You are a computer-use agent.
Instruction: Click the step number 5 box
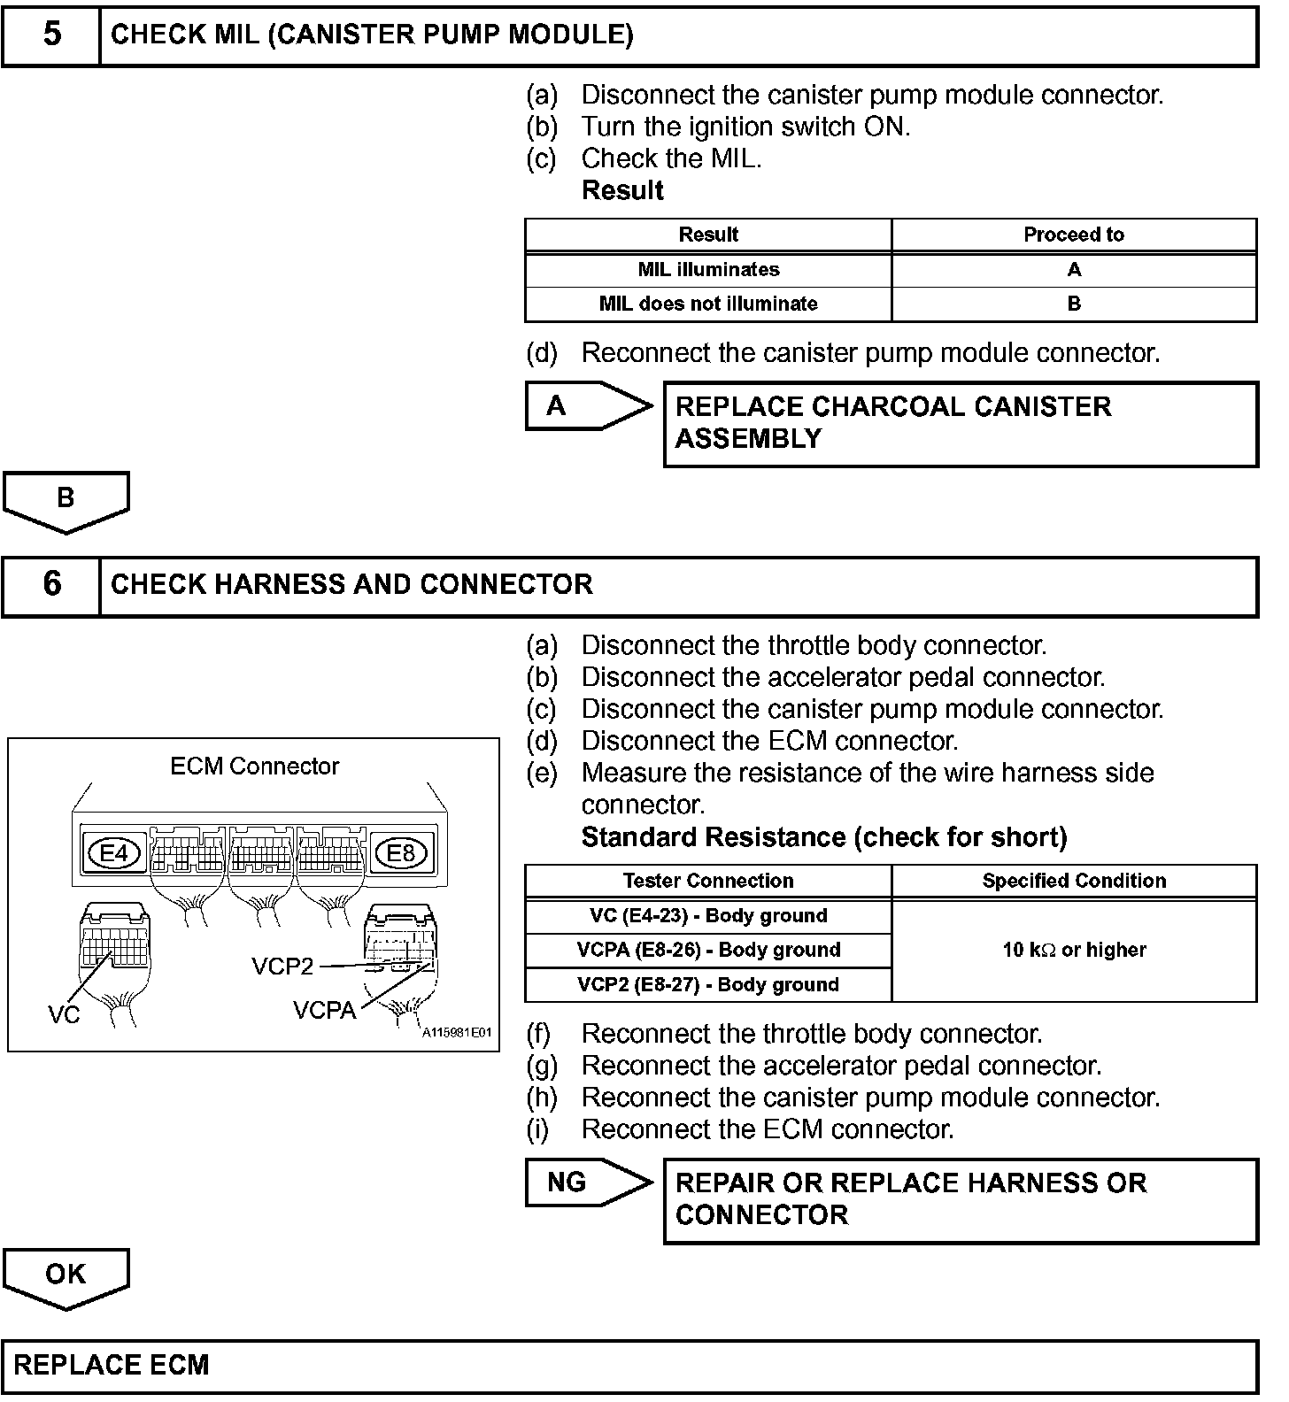[x=51, y=35]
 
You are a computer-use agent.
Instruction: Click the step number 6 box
[x=51, y=584]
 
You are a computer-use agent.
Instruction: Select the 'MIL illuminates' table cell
[x=708, y=270]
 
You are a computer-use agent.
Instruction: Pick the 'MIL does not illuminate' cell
[x=708, y=304]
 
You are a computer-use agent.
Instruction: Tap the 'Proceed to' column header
[x=1073, y=235]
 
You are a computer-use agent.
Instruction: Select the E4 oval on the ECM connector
[x=114, y=853]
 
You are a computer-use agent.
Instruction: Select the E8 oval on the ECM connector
[x=401, y=853]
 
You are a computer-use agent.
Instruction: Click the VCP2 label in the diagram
[x=282, y=967]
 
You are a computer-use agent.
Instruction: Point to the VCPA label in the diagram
[x=324, y=1010]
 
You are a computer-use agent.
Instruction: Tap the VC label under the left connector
[x=64, y=1015]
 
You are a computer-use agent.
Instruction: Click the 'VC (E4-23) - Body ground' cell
[x=708, y=916]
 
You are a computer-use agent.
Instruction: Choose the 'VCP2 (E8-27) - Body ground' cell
[x=708, y=984]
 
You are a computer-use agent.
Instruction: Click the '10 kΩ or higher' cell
[x=1073, y=950]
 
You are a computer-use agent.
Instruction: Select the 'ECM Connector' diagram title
[x=254, y=766]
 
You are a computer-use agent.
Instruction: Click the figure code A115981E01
[x=456, y=1032]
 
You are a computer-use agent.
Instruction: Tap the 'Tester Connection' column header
[x=708, y=881]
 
